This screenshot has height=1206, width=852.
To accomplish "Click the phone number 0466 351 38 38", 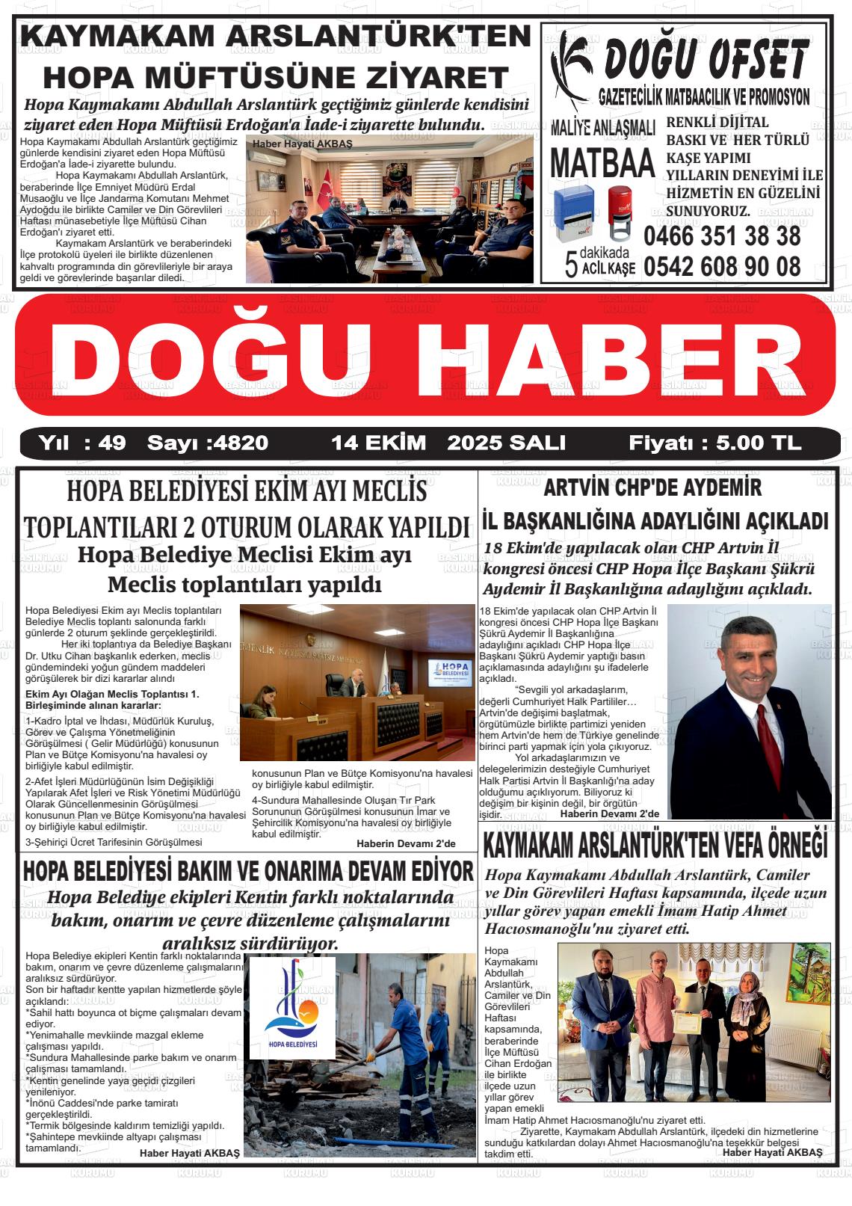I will click(x=721, y=236).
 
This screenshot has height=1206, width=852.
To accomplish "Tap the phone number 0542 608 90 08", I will click(x=721, y=266).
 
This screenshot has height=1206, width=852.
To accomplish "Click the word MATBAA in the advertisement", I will click(x=602, y=163).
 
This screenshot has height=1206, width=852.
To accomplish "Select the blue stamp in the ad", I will click(x=574, y=213).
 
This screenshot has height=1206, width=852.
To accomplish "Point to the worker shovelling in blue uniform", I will click(x=404, y=1047).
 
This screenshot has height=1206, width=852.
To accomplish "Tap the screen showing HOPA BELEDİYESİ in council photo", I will click(x=448, y=678).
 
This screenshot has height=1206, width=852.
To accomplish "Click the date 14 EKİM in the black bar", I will click(x=378, y=443).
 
